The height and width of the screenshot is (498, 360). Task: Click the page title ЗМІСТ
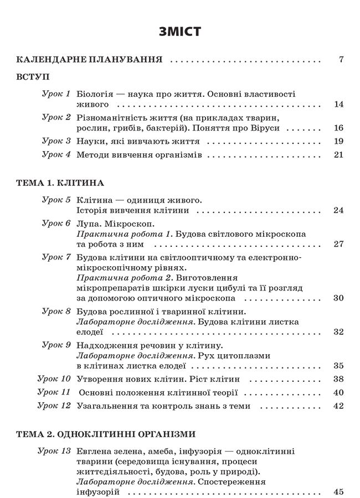click(179, 32)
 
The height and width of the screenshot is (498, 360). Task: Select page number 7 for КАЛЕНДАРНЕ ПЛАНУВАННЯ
click(341, 60)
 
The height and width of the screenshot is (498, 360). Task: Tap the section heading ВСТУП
click(33, 77)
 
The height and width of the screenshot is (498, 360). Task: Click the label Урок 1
click(56, 94)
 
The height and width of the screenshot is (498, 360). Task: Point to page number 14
click(340, 104)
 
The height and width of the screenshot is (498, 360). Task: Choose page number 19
click(340, 141)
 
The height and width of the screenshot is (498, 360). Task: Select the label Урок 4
click(56, 154)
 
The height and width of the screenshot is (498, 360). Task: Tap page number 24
click(340, 210)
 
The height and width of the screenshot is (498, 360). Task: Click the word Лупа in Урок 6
click(89, 224)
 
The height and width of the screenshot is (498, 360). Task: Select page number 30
click(340, 298)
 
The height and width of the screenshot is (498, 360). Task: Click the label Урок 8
click(56, 312)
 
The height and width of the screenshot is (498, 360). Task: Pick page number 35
click(340, 365)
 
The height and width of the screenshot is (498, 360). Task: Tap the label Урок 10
click(54, 379)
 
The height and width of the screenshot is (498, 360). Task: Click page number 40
click(340, 392)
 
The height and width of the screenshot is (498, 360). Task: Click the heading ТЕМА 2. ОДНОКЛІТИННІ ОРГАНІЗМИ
click(107, 434)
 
